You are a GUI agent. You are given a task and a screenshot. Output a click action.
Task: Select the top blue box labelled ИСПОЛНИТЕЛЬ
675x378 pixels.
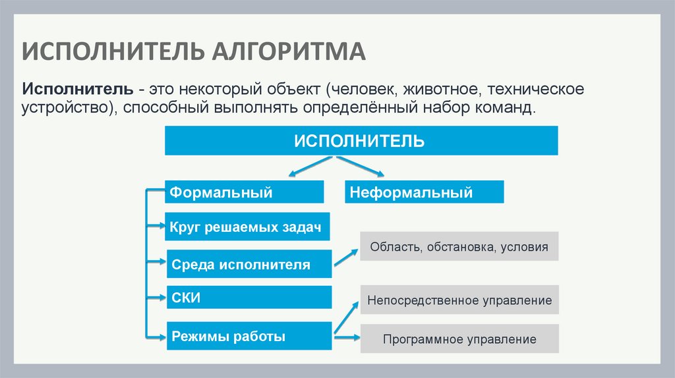pyautogui.click(x=361, y=141)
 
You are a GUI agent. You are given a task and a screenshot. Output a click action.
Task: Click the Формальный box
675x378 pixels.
pyautogui.click(x=245, y=192)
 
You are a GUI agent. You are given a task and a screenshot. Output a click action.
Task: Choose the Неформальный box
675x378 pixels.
pyautogui.click(x=424, y=192)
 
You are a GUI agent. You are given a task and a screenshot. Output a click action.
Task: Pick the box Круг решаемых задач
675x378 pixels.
pyautogui.click(x=247, y=228)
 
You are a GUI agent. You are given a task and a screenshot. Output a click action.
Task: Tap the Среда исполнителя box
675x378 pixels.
pyautogui.click(x=249, y=265)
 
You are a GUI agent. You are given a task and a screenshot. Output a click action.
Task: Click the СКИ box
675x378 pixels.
pyautogui.click(x=249, y=298)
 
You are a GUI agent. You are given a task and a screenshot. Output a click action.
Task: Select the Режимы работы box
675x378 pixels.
pyautogui.click(x=249, y=337)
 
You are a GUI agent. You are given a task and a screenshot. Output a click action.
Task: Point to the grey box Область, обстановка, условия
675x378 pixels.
pyautogui.click(x=459, y=247)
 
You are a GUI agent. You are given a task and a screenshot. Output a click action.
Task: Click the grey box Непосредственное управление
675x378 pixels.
pyautogui.click(x=459, y=300)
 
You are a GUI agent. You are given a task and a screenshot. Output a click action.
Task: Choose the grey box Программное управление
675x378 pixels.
pyautogui.click(x=459, y=340)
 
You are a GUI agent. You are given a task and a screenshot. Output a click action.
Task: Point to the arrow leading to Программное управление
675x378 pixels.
pyautogui.click(x=347, y=338)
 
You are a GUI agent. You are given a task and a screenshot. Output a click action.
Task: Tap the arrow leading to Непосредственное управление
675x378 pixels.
pyautogui.click(x=346, y=316)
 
